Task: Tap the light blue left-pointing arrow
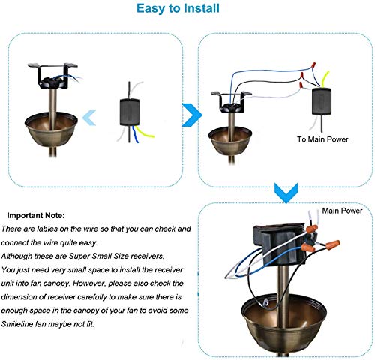[x=88, y=115]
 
